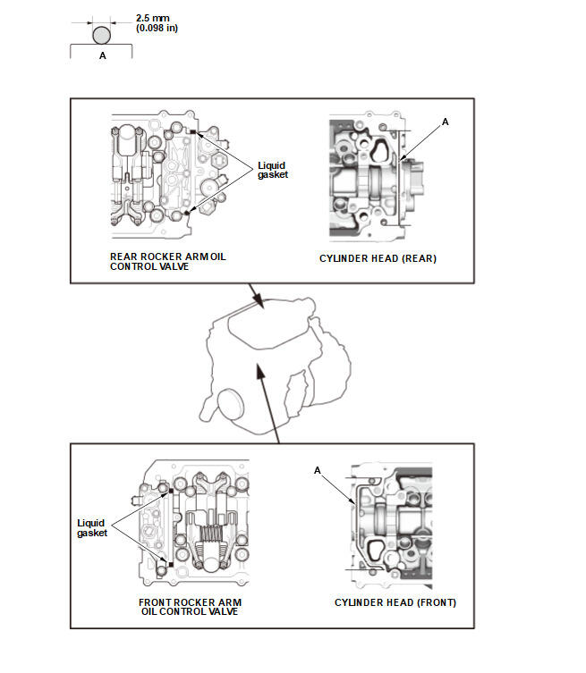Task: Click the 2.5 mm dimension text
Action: coord(154,16)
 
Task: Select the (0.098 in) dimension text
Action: coord(157,29)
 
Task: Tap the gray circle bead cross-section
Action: coord(101,36)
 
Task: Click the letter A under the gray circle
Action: coord(101,55)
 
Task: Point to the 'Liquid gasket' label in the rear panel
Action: coord(273,170)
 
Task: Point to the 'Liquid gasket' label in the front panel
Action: coord(92,527)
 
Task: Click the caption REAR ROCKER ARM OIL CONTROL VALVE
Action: coord(168,261)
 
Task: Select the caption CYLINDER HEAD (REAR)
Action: coord(378,259)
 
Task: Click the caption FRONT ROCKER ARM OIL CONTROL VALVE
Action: coord(190,607)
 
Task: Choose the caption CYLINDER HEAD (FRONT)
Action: coord(395,602)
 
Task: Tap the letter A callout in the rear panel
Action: coord(446,119)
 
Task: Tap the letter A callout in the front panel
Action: coord(317,469)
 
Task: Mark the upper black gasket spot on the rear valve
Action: coord(193,133)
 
